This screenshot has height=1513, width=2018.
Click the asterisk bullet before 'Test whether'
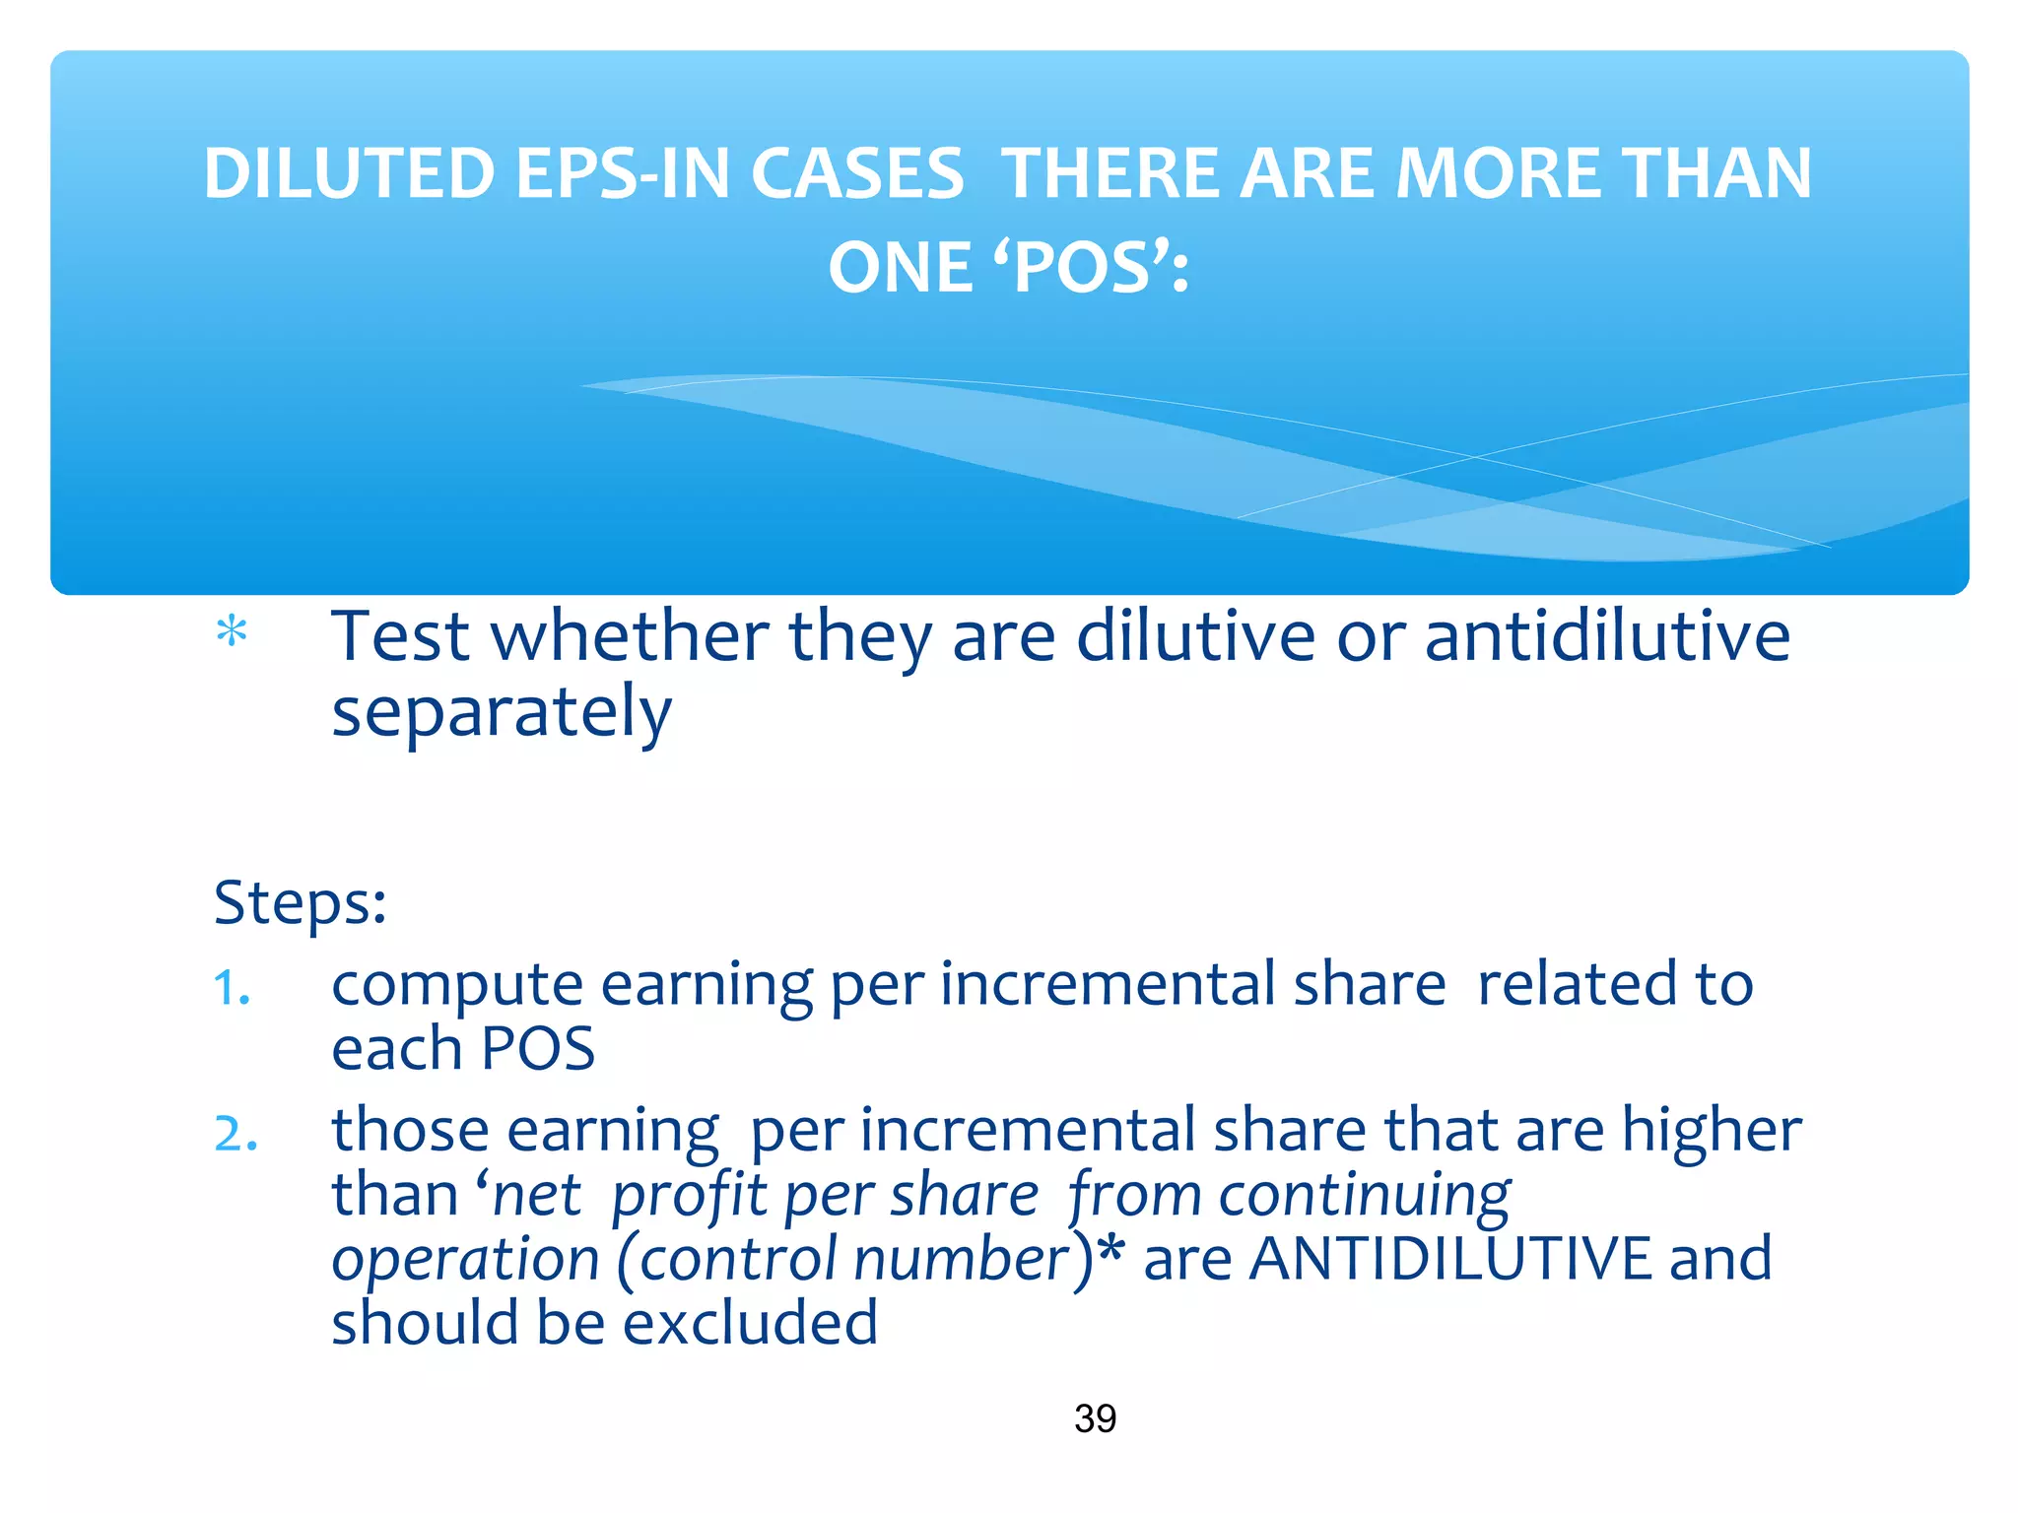232,631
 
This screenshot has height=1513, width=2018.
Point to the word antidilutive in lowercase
1607,636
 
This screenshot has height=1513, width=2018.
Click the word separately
502,713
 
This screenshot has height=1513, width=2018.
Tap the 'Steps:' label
300,902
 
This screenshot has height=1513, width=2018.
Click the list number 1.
232,988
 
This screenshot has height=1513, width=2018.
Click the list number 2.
235,1133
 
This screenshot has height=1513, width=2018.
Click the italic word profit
689,1196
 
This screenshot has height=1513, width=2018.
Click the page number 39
1095,1418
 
